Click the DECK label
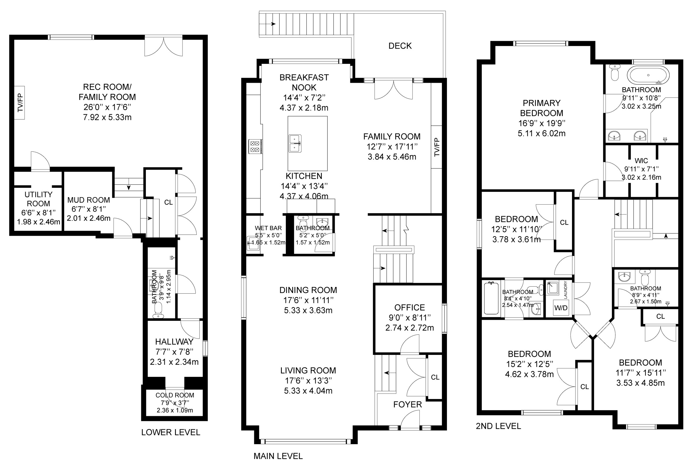[x=400, y=46]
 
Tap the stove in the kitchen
[x=256, y=147]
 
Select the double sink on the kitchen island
[x=295, y=144]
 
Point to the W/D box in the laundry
[x=560, y=307]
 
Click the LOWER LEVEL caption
[x=171, y=432]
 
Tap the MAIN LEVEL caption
[x=278, y=456]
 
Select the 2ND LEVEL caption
[x=498, y=426]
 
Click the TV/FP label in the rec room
[x=20, y=103]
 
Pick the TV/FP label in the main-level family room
[x=437, y=147]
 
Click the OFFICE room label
[x=409, y=307]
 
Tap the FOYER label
[x=408, y=405]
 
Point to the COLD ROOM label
[x=175, y=395]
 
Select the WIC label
[x=641, y=161]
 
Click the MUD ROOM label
[x=89, y=200]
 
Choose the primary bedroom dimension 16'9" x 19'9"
[x=541, y=123]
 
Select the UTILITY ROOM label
[x=38, y=199]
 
